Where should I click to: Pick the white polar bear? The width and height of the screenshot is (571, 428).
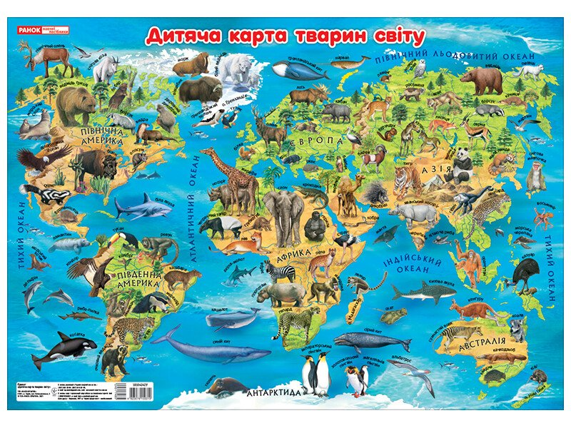pyautogui.click(x=233, y=68)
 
